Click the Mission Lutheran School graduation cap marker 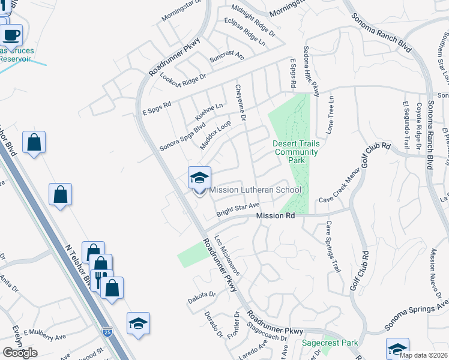click(x=199, y=178)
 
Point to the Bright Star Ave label click(x=238, y=209)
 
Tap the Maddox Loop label click(x=215, y=136)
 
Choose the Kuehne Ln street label click(x=209, y=111)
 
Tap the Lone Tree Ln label click(x=330, y=115)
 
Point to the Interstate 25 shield click(x=107, y=331)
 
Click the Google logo click(x=20, y=352)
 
